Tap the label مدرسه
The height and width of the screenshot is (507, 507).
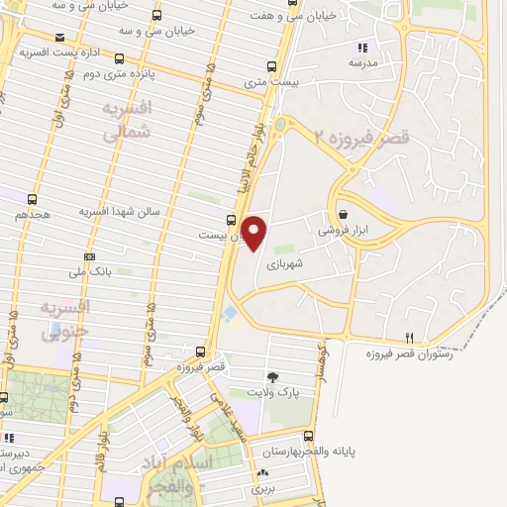tap(362, 61)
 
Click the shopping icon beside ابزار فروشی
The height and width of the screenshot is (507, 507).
tap(343, 214)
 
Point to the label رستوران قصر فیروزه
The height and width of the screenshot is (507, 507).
tap(408, 354)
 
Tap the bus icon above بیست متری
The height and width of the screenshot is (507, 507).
tap(273, 67)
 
